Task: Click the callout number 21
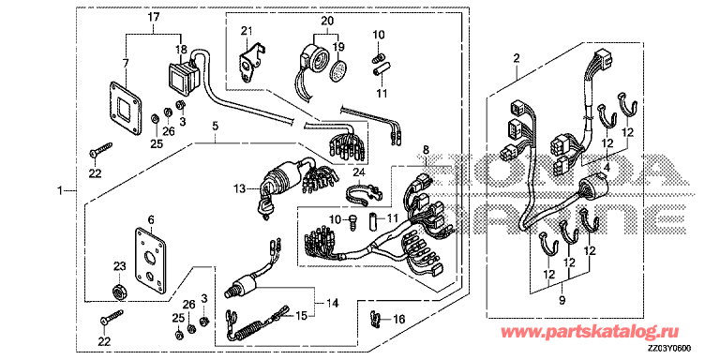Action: pos(247,31)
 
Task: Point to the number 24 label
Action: pos(359,172)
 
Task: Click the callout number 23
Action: pos(119,266)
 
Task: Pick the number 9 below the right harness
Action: pos(562,301)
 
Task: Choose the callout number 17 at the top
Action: pos(154,18)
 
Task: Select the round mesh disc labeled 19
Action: pos(338,69)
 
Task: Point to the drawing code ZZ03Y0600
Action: pos(669,349)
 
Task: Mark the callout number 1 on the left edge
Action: pos(59,190)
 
